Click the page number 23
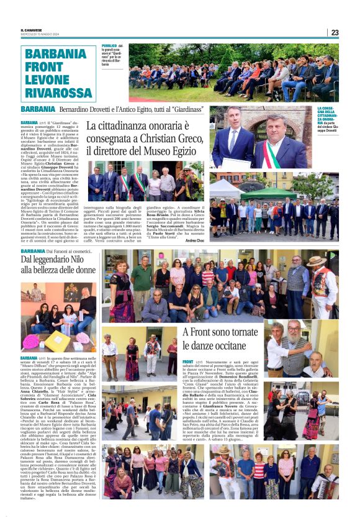[335, 32]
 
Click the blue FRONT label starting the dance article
[188, 362]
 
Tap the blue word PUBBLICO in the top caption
[110, 46]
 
